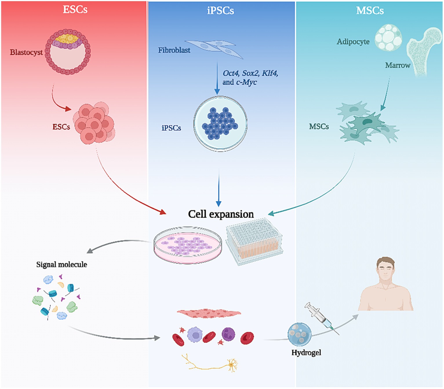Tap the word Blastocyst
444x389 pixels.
coord(26,52)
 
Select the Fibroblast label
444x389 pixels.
coord(174,50)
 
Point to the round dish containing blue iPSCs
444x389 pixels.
coord(220,124)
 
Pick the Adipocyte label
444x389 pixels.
coord(353,42)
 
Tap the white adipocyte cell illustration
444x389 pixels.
coord(388,38)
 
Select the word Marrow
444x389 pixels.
coord(397,65)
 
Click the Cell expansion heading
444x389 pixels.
coord(221,214)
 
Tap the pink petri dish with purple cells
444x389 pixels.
coord(188,245)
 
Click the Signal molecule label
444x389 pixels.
coord(61,264)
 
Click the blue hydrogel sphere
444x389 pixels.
coord(299,334)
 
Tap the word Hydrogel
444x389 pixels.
coord(306,353)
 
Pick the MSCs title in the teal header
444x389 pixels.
coord(370,11)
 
